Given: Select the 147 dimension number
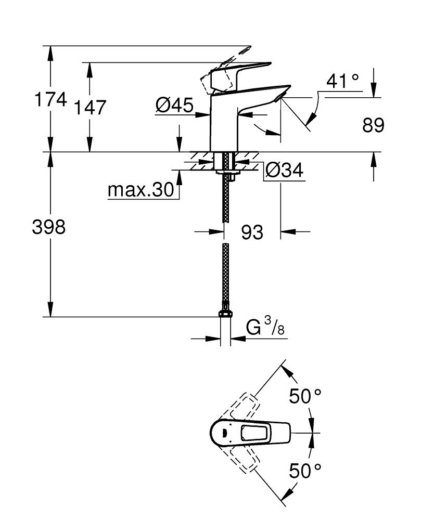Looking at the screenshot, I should coord(90,108).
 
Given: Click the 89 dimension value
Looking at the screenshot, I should coord(373,125).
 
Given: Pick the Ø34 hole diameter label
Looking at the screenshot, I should coord(284,171).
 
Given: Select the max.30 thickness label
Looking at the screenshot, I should coord(140,191).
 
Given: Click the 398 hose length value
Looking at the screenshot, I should coord(48,227).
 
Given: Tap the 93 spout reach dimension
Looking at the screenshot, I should coord(252,232).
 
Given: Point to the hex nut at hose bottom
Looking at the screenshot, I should coord(225,313).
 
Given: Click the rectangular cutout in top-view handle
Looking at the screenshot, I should coord(254,433).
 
